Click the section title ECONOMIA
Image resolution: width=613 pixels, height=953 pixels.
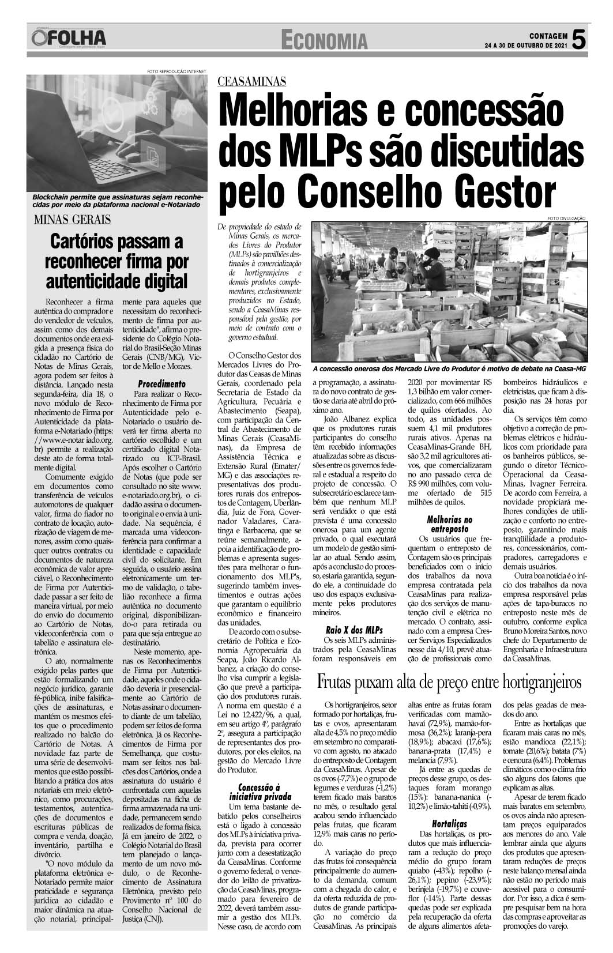click(325, 40)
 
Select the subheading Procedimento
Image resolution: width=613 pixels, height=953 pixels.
click(161, 383)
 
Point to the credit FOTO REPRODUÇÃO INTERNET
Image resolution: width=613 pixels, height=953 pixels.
click(176, 71)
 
